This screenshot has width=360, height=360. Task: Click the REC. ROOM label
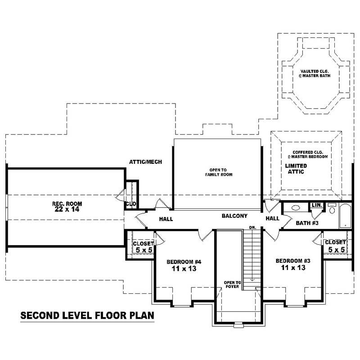point(67,203)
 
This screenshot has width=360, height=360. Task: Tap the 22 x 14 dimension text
point(67,209)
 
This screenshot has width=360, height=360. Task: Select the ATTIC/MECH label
point(145,162)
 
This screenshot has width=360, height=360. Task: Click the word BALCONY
point(234,216)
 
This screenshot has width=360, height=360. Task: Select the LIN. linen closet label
point(317,205)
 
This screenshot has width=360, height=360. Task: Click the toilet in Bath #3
point(332,208)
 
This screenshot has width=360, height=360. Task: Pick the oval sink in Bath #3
point(296,208)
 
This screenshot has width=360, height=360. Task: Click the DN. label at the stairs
point(252,228)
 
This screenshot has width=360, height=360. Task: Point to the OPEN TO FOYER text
point(233,285)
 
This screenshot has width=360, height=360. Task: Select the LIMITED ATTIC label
point(296,169)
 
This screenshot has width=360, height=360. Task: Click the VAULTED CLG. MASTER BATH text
point(314,74)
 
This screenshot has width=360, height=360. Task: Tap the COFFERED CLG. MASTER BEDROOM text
point(308,154)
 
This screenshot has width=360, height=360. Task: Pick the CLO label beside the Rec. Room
point(130,204)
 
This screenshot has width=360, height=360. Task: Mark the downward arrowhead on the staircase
point(252,279)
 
